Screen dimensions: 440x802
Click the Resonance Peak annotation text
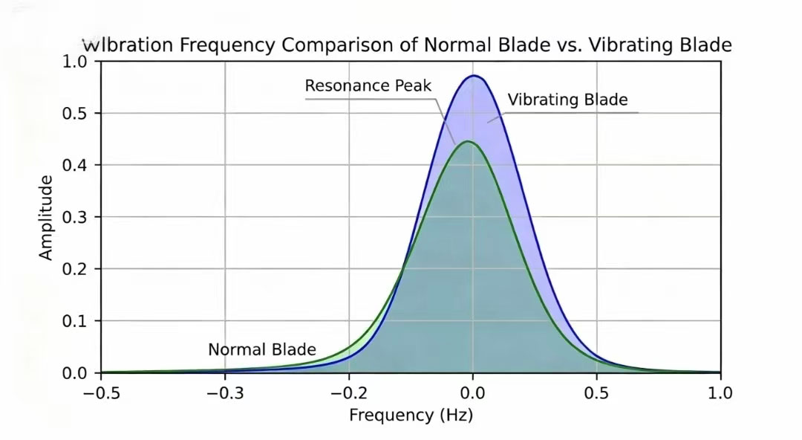(368, 86)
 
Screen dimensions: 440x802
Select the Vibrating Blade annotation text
(567, 100)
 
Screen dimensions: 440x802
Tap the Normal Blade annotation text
(262, 349)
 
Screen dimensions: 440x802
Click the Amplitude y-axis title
(46, 217)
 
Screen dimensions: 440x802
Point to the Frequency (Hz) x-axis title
(411, 415)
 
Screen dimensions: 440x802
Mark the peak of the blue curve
(474, 76)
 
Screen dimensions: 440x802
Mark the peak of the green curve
(467, 141)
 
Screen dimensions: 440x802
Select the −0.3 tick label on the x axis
(224, 392)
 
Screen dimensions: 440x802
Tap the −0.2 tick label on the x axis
(348, 392)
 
